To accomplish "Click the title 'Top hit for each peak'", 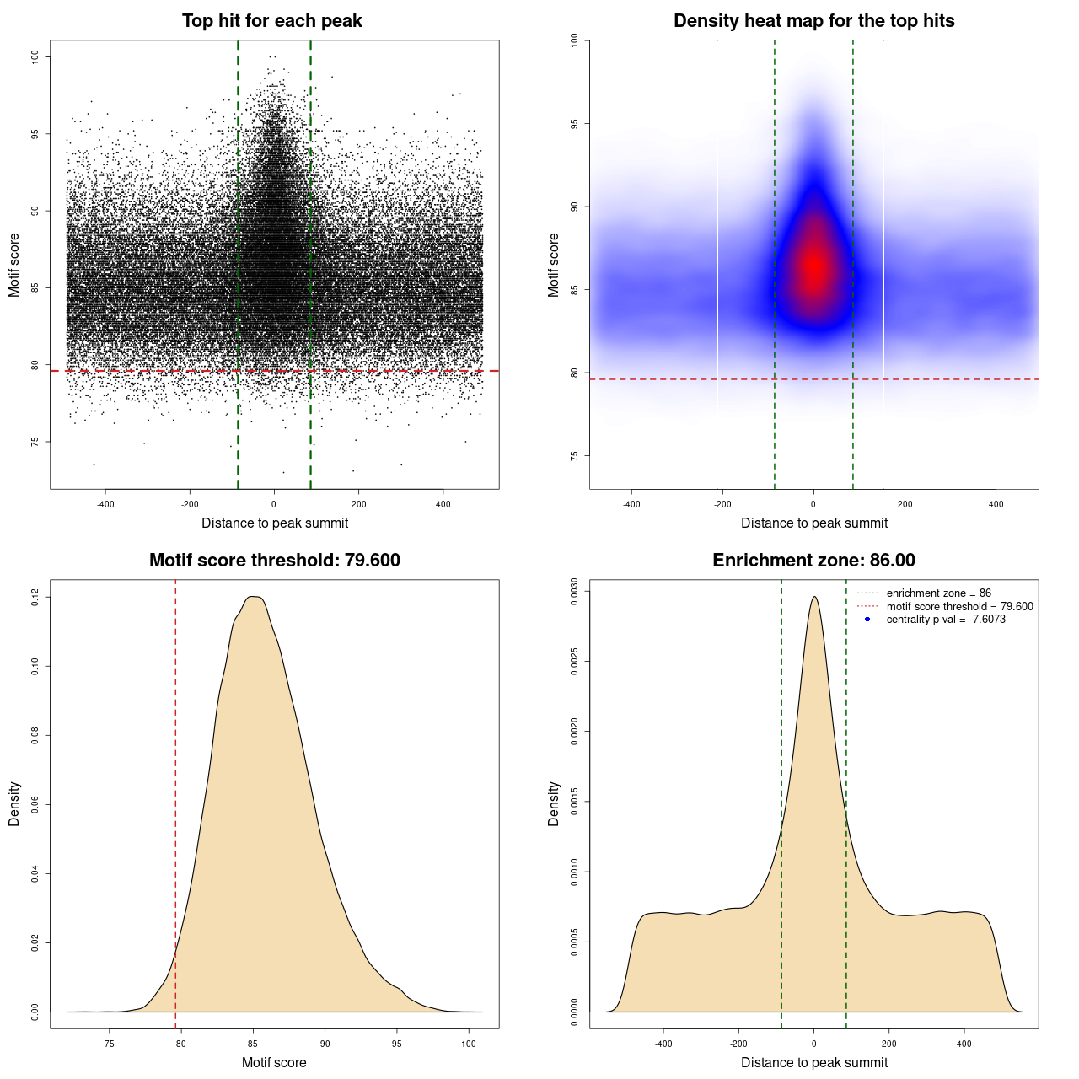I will [271, 21].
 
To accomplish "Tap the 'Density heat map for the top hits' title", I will [813, 21].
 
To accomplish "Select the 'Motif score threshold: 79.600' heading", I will [274, 561].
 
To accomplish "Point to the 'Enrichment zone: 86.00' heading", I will [813, 561].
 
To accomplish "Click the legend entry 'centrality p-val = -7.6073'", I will [946, 620].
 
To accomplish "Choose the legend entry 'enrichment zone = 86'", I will [938, 593].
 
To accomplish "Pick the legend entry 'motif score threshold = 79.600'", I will [959, 607].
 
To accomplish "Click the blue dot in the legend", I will [867, 620].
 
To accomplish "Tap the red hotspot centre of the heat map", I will [814, 266].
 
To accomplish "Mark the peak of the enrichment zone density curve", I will [814, 597].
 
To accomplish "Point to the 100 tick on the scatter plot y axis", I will [35, 56].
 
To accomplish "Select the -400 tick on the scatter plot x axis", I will [105, 504].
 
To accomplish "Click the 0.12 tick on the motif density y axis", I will [35, 598].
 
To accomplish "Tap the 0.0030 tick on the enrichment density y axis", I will [574, 592].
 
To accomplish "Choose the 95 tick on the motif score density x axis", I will [397, 1044].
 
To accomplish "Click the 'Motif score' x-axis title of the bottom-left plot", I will [274, 1062].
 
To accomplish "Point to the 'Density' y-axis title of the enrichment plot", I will [554, 803].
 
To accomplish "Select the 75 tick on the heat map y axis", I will [574, 456].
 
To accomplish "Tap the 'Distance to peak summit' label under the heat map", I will [813, 523].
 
